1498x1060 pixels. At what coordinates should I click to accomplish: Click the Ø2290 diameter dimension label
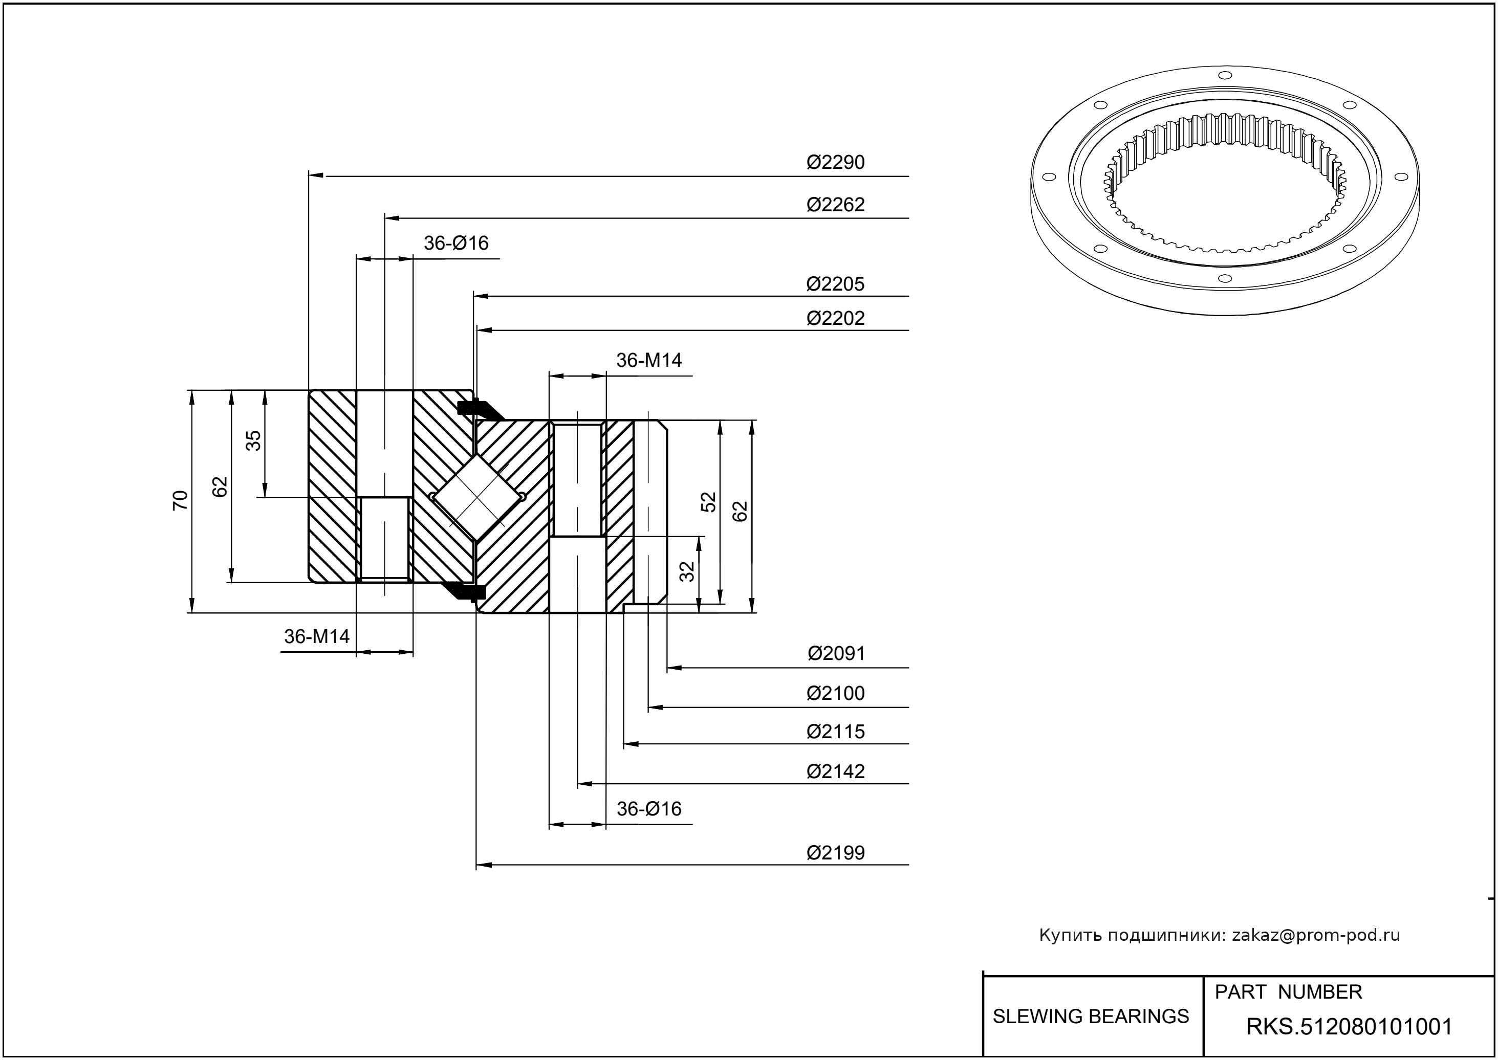(x=835, y=162)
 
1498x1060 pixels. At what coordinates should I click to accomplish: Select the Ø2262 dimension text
(x=835, y=204)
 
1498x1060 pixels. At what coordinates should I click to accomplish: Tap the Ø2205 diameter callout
(x=835, y=284)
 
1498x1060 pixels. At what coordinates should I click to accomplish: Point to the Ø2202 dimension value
(x=835, y=318)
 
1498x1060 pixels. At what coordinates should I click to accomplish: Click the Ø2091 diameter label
(x=836, y=653)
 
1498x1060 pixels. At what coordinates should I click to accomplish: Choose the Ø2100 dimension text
(x=835, y=693)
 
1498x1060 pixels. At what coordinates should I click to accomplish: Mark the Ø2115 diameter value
(x=835, y=731)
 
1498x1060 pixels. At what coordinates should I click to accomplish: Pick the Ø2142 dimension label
(x=835, y=771)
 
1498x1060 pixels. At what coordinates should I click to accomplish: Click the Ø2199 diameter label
(x=835, y=852)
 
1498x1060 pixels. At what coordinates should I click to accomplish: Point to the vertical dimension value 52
(x=708, y=501)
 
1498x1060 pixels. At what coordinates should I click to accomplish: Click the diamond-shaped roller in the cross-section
(x=478, y=497)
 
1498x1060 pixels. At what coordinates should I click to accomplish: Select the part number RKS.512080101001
(x=1349, y=1027)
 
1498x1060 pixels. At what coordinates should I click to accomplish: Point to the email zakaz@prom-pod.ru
(x=1315, y=935)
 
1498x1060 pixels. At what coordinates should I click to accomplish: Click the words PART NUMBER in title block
(x=1288, y=991)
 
